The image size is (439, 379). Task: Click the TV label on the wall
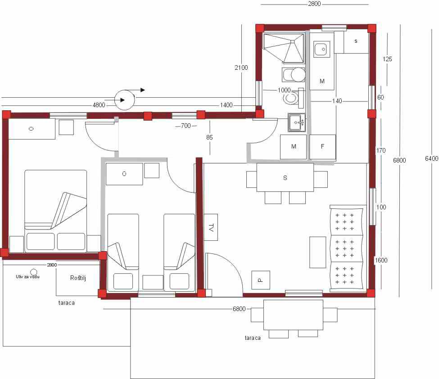pyautogui.click(x=211, y=227)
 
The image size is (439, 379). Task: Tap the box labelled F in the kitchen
pyautogui.click(x=322, y=147)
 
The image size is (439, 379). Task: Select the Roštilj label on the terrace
pyautogui.click(x=78, y=278)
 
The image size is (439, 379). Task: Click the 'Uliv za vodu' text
pyautogui.click(x=27, y=277)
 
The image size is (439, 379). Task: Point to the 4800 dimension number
pyautogui.click(x=99, y=105)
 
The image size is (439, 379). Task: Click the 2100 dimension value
pyautogui.click(x=241, y=68)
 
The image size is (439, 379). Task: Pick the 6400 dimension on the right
pyautogui.click(x=431, y=159)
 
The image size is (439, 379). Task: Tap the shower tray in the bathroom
pyautogui.click(x=284, y=48)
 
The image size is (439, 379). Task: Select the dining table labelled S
pyautogui.click(x=285, y=177)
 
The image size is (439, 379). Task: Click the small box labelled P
pyautogui.click(x=261, y=280)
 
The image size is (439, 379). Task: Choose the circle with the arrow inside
pyautogui.click(x=125, y=100)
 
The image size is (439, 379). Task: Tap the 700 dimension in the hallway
pyautogui.click(x=186, y=126)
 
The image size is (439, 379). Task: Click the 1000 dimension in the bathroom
pyautogui.click(x=284, y=90)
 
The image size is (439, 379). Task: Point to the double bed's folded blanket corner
pyautogui.click(x=69, y=210)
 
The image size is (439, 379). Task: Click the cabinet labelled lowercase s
pyautogui.click(x=356, y=42)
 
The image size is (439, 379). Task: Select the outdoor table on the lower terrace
pyautogui.click(x=293, y=315)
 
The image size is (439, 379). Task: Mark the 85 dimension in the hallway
pyautogui.click(x=209, y=137)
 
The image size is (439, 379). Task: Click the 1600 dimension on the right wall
pyautogui.click(x=381, y=260)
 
